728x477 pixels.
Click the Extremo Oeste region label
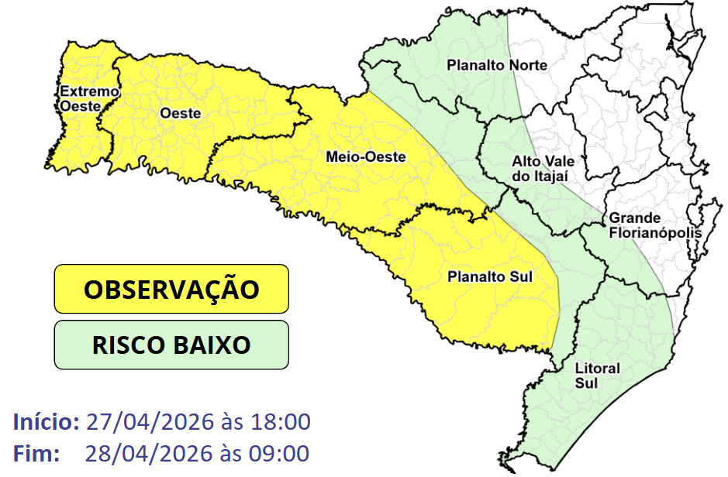coord(90,98)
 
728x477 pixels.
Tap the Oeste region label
coord(180,113)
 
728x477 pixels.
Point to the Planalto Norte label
coord(497,65)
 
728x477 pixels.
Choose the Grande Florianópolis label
coord(655,225)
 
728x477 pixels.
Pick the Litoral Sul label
coord(597,376)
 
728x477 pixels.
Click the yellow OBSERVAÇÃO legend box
coord(171,290)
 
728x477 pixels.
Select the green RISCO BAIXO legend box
coord(171,345)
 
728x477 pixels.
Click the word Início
coord(46,423)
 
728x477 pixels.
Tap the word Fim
coord(36,453)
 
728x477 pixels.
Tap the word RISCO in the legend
coord(126,345)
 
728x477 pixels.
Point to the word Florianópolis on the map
coord(655,232)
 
